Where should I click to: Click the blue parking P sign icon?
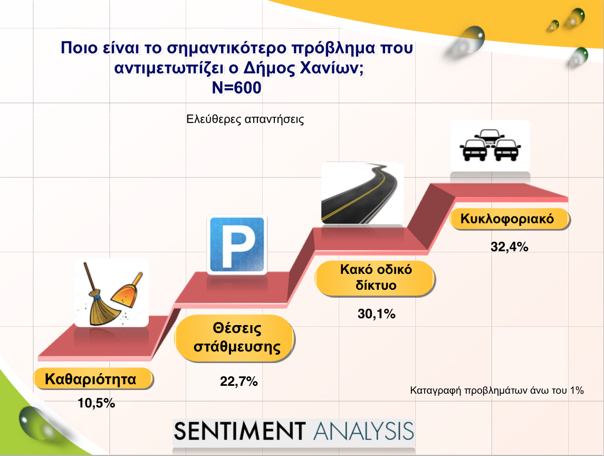(237, 244)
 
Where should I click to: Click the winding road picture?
(362, 193)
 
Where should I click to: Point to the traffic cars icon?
(490, 145)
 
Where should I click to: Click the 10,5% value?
(97, 403)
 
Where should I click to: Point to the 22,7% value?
(239, 382)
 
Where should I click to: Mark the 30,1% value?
(376, 314)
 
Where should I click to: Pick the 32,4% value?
(509, 246)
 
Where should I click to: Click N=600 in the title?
(236, 88)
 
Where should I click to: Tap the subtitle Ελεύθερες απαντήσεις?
(245, 119)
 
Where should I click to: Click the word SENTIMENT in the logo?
(239, 431)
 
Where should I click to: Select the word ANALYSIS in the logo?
(363, 431)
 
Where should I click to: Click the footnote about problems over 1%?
(497, 391)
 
